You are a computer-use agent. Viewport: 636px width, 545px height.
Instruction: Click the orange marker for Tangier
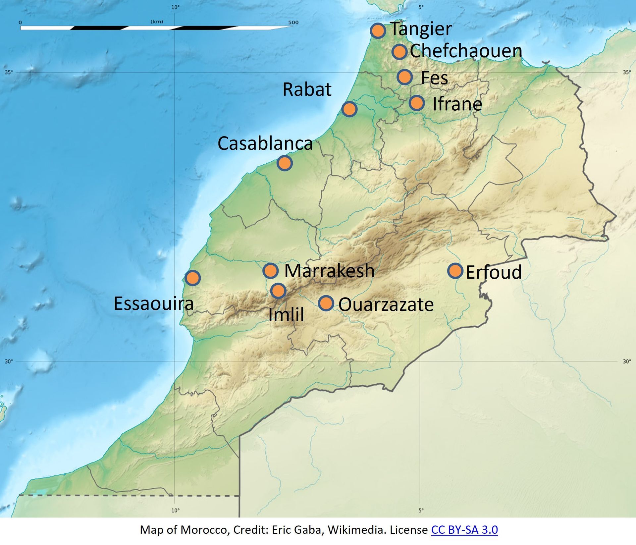[x=378, y=31]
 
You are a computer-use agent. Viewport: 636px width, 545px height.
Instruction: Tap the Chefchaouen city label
[x=466, y=51]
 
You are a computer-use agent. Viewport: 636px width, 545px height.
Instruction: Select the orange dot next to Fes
[x=404, y=77]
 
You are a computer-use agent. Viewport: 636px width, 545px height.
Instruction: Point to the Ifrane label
[x=457, y=104]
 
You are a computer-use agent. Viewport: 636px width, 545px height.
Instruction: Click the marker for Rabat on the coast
[x=349, y=109]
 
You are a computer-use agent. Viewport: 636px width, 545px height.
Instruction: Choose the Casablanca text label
[x=265, y=144]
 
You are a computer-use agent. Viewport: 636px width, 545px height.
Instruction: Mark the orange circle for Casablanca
[x=285, y=163]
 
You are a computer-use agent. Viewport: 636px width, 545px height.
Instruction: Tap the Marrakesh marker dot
[x=270, y=271]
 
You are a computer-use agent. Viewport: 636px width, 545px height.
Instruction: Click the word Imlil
[x=286, y=315]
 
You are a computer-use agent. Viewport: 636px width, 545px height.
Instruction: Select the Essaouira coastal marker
[x=193, y=278]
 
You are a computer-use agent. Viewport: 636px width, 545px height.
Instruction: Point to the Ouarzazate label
[x=386, y=305]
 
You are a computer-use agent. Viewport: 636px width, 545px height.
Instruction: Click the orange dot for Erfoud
[x=455, y=271]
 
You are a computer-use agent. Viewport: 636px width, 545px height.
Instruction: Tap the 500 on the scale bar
[x=293, y=23]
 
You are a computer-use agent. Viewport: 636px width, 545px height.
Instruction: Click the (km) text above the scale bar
[x=157, y=22]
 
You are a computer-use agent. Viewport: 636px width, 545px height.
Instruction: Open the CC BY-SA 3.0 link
[x=464, y=530]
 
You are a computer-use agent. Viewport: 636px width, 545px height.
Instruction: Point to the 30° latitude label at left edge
[x=9, y=361]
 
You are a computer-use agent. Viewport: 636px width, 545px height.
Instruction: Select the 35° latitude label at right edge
[x=627, y=72]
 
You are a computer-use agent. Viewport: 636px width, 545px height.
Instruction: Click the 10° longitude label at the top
[x=175, y=7]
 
